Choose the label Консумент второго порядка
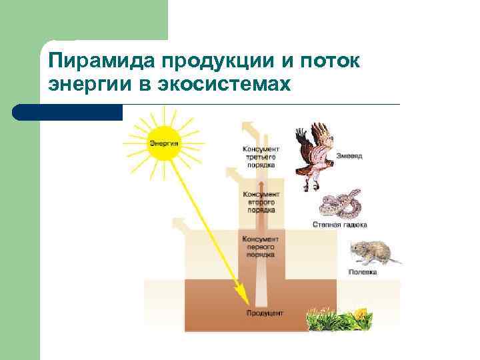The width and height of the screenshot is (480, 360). pos(261,201)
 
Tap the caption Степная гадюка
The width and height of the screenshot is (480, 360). pos(340,225)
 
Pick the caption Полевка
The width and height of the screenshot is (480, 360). pos(363,272)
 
